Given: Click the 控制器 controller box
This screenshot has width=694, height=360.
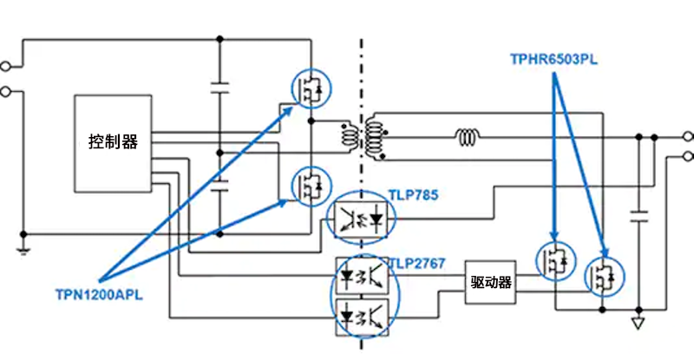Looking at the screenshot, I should (113, 142).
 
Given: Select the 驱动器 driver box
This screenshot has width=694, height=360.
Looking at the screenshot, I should (490, 282).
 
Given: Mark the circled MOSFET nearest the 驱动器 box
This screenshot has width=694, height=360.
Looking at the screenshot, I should (555, 258).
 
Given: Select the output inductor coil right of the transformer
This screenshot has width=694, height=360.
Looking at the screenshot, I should (468, 137).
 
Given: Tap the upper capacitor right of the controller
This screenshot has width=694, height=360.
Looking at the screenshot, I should (219, 87).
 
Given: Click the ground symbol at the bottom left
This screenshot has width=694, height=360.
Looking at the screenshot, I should (24, 248).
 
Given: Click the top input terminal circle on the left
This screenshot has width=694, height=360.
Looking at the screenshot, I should (7, 66).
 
